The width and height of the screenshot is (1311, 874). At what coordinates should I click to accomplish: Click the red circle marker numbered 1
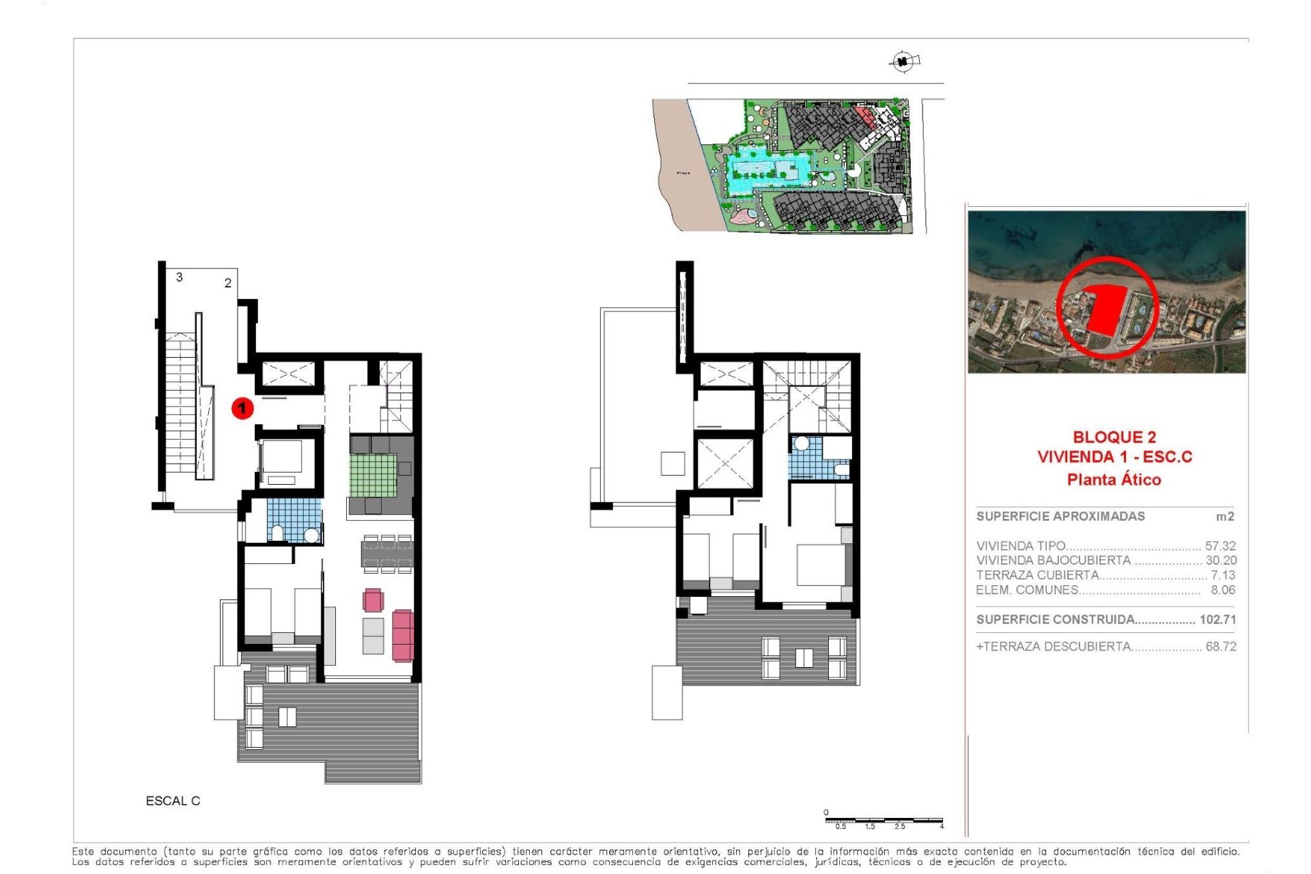point(242,408)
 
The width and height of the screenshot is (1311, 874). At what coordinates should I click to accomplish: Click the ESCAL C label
point(173,801)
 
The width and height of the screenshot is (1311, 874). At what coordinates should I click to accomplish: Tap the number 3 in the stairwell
point(180,277)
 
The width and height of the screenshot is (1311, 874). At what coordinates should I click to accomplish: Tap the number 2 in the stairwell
point(228,283)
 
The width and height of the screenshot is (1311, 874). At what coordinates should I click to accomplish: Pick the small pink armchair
point(373,600)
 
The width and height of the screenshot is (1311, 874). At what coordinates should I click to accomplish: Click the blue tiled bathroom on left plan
point(294,520)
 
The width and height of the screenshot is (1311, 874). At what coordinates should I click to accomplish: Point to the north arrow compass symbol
point(903,62)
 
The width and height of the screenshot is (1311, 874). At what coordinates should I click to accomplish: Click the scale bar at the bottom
point(884,819)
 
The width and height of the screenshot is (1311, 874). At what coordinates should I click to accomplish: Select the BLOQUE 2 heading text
point(1114,437)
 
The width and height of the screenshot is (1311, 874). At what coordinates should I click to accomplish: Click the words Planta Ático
point(1114,480)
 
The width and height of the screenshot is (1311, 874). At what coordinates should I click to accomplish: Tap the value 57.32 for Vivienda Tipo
point(1220,546)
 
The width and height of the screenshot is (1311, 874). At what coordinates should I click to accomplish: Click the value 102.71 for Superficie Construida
point(1217,620)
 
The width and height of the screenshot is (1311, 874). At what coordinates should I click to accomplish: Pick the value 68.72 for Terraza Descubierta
point(1221,647)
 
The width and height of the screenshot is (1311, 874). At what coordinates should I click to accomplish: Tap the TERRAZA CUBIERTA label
point(1037,576)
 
